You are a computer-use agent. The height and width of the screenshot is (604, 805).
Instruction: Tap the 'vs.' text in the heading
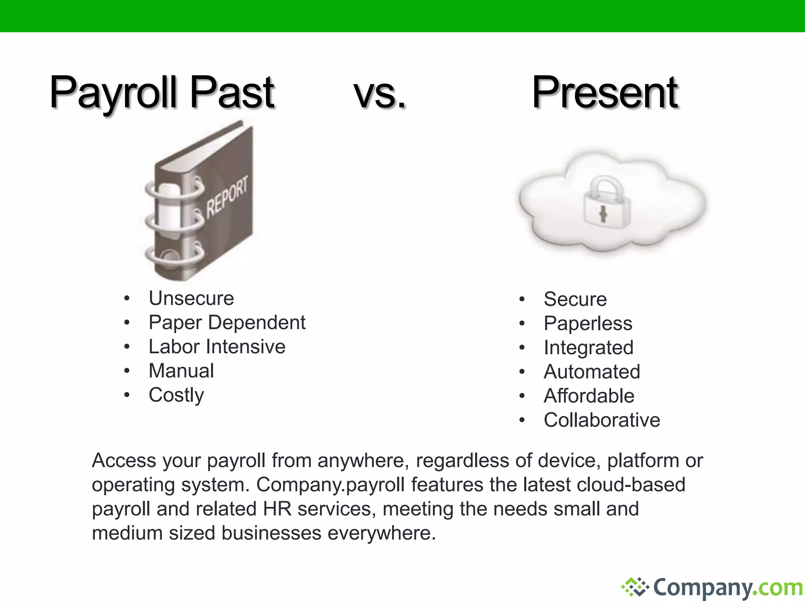tap(380, 94)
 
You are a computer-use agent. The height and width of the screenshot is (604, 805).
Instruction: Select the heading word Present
tap(605, 93)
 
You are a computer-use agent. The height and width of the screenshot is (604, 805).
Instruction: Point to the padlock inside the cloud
tap(606, 203)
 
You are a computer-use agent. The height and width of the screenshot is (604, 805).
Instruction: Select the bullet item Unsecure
tap(191, 298)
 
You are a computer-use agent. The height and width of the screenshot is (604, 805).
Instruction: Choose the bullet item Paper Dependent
tap(227, 322)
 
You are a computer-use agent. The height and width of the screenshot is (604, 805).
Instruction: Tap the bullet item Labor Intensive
tap(217, 347)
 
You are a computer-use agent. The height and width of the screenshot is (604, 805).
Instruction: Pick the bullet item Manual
tap(181, 371)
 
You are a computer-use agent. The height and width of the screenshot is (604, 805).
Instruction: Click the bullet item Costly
tap(176, 395)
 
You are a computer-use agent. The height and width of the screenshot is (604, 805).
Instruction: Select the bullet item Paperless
tap(588, 324)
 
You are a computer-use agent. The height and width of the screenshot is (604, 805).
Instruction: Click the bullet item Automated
tap(592, 372)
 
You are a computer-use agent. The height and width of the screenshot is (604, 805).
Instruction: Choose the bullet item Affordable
tap(589, 396)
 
